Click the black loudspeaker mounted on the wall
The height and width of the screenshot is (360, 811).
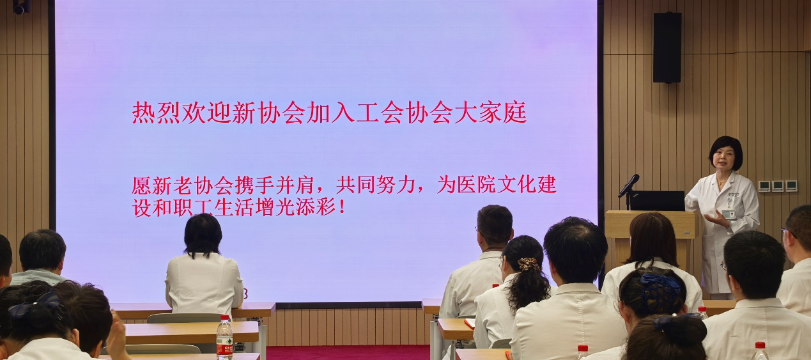coord(667,47)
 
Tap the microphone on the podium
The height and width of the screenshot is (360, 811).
coord(628,185)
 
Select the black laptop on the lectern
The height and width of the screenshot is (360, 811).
coord(657,201)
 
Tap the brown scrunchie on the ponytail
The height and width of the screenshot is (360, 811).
coord(529,263)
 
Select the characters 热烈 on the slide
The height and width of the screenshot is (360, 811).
coord(156,113)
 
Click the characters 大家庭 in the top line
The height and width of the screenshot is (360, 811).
coord(490,113)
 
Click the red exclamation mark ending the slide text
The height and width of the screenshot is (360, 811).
coord(342,208)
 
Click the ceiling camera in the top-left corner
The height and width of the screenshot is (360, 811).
coord(21,7)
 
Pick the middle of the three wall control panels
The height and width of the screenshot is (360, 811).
coord(777,186)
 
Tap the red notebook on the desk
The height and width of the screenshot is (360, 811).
coord(470,323)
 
